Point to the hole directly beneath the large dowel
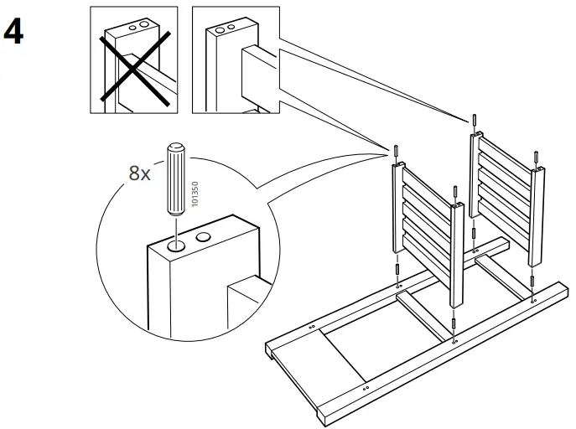[176, 247]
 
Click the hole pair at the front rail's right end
[533, 297]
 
